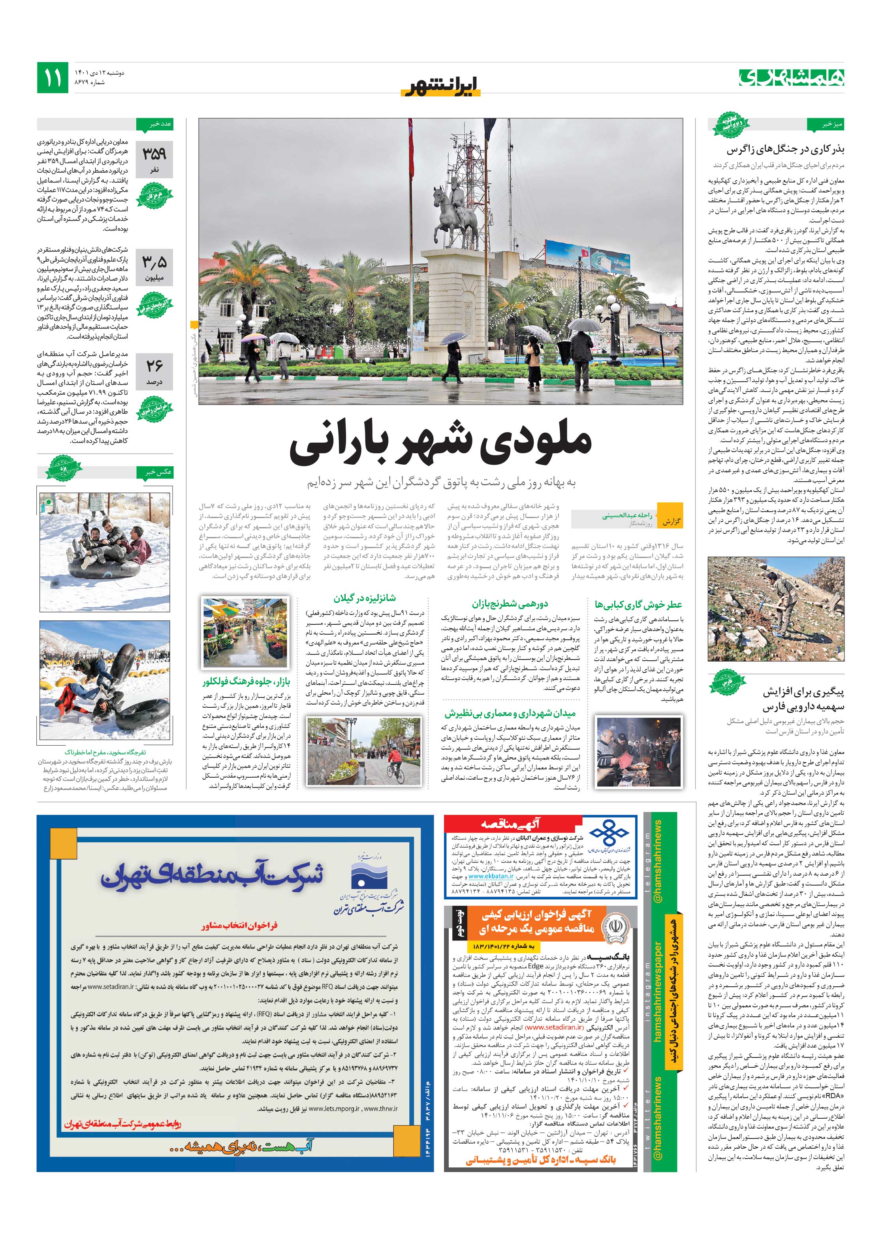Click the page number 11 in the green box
53,78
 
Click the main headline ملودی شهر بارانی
440,445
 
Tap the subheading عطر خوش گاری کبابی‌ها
638,604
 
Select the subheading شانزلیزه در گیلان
365,598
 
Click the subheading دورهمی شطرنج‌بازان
510,604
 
